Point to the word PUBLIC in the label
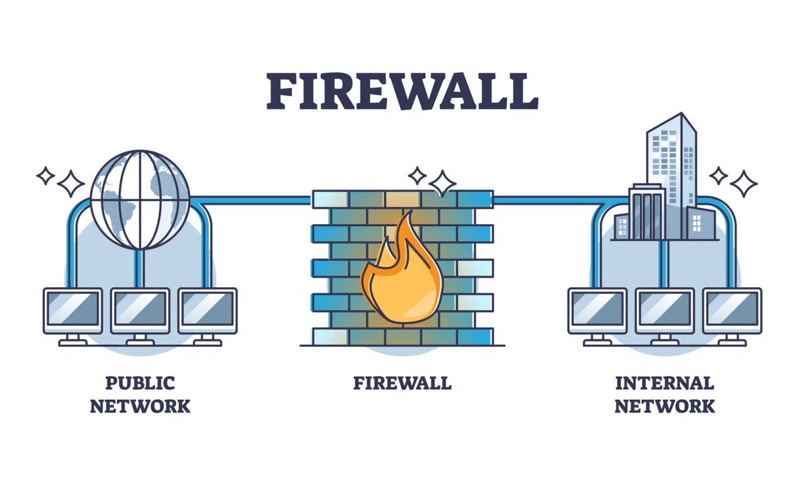click(x=140, y=383)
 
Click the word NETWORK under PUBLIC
click(x=140, y=406)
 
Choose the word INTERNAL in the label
click(x=664, y=383)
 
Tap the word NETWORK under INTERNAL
click(x=664, y=406)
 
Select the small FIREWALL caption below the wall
click(x=402, y=383)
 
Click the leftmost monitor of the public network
click(x=73, y=311)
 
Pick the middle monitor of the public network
click(x=140, y=311)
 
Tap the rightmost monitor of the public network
click(x=207, y=311)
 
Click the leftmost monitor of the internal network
click(x=597, y=311)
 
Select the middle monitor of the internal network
click(x=665, y=311)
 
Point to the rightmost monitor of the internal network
click(x=732, y=311)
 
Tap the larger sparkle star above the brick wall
click(x=442, y=182)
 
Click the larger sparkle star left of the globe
click(x=70, y=182)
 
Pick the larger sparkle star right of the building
click(x=743, y=182)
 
